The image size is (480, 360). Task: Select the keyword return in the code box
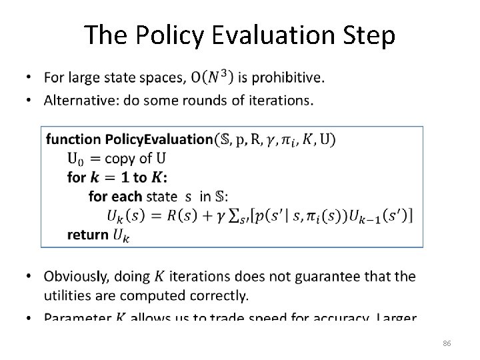87,234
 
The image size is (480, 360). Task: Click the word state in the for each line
161,196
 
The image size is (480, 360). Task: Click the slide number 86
447,343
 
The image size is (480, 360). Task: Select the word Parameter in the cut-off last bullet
77,317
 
